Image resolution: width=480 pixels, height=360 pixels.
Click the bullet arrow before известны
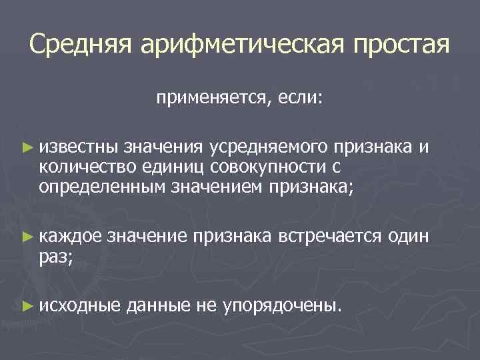(x=26, y=145)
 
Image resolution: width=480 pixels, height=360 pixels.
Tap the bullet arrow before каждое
(x=26, y=236)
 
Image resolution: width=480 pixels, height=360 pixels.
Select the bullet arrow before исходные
(x=26, y=306)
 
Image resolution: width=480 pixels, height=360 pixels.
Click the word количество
(x=81, y=166)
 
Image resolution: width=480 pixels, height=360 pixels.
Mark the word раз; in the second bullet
(x=56, y=257)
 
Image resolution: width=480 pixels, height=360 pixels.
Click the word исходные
(x=79, y=306)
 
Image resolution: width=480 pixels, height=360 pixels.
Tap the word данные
(x=159, y=306)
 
